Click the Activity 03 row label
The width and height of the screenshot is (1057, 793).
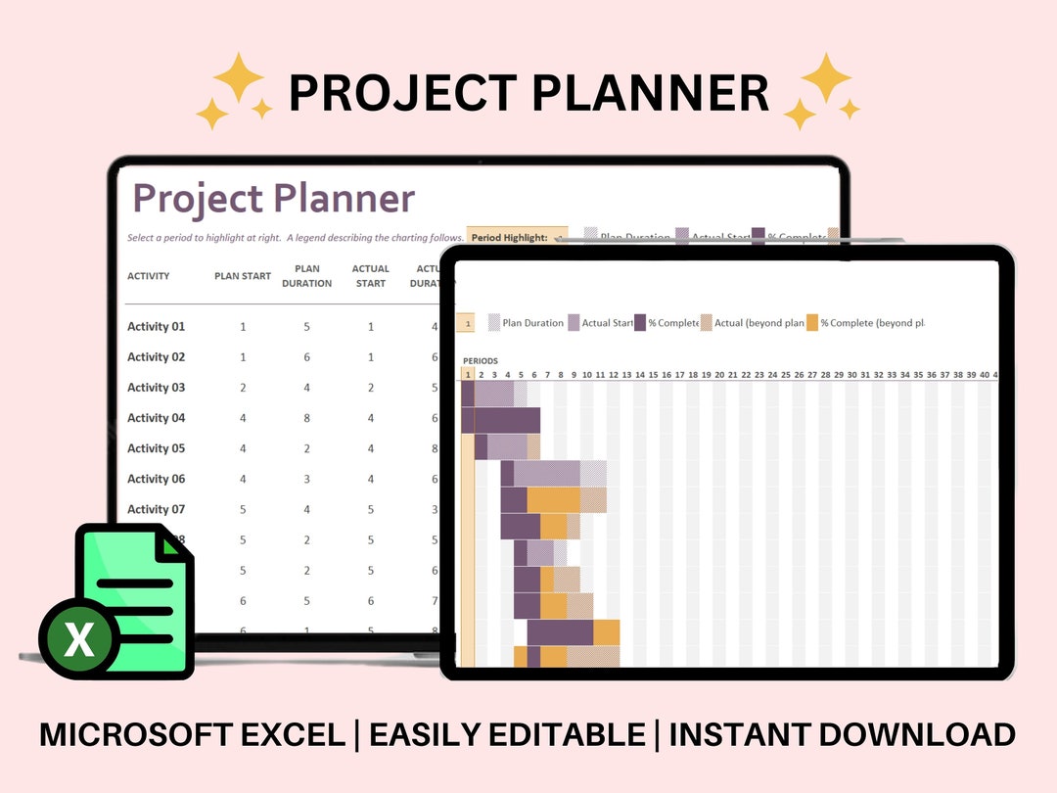(156, 388)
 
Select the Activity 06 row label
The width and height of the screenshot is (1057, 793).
(156, 479)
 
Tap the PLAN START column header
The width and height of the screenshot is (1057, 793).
(243, 276)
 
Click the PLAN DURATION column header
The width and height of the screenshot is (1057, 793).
(307, 276)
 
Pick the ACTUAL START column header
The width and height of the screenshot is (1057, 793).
(370, 276)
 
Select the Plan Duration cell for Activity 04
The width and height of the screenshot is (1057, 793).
(307, 418)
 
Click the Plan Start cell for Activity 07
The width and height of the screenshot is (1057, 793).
(243, 509)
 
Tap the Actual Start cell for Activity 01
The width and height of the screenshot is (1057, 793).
(371, 327)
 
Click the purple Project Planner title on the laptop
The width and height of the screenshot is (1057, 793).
(273, 199)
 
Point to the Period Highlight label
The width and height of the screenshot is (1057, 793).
(509, 238)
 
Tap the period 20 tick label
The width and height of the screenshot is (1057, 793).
(718, 375)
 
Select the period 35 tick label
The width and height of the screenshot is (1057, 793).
(917, 375)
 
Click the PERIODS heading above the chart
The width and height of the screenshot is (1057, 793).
(480, 361)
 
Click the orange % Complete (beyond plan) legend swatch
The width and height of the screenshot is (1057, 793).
(811, 323)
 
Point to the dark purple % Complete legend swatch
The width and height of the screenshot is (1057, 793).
(640, 323)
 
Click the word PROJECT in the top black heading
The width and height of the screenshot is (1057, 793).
(402, 93)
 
